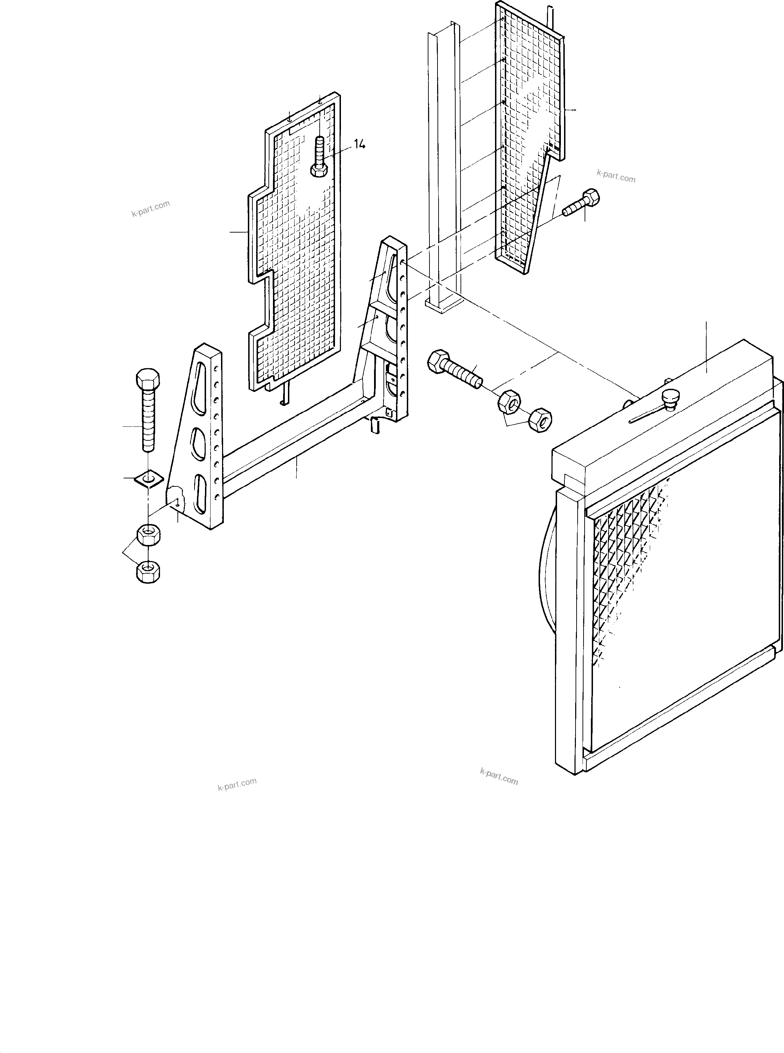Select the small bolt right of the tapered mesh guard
[582, 203]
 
